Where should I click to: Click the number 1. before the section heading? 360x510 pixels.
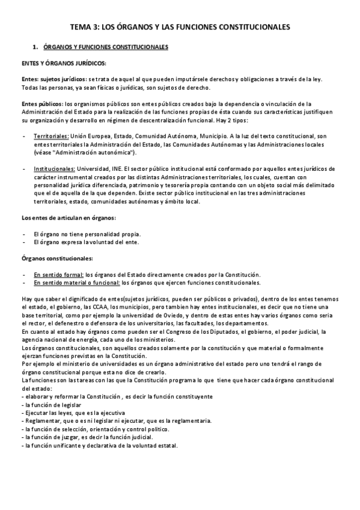tap(35, 46)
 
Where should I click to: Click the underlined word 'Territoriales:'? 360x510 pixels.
tap(51, 137)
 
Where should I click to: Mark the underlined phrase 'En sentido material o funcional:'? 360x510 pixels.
tap(77, 282)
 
